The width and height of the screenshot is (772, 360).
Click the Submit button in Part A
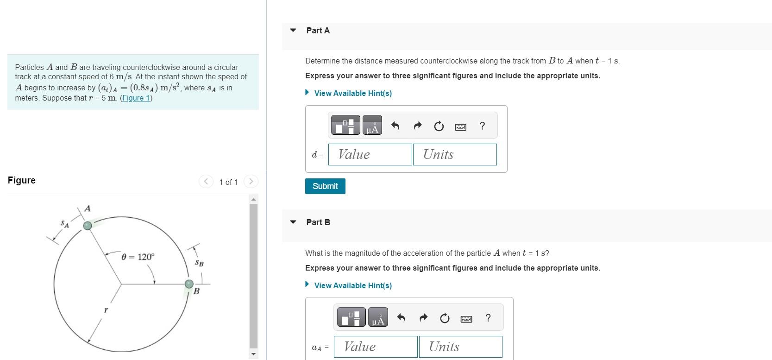click(325, 186)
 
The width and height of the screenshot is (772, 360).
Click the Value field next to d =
click(370, 154)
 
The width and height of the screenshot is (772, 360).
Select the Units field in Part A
click(454, 154)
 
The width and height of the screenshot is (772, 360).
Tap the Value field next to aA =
click(376, 347)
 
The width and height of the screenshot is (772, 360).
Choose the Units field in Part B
click(460, 347)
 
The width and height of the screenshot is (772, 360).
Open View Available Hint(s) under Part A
click(352, 93)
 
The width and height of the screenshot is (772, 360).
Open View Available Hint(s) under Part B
click(352, 285)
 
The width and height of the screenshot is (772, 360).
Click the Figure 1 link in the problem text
click(136, 98)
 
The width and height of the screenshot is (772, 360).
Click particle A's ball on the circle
click(88, 226)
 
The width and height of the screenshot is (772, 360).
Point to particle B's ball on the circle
click(189, 284)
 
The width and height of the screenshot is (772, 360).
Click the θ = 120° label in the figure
click(138, 257)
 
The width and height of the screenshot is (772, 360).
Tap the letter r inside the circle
click(106, 309)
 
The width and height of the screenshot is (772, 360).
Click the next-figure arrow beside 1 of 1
click(251, 182)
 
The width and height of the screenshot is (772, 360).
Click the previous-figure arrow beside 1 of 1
click(206, 182)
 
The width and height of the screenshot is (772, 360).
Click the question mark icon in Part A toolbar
click(482, 126)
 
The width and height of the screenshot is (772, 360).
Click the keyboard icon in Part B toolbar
click(466, 318)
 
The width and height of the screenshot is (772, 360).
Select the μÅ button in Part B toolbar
click(378, 318)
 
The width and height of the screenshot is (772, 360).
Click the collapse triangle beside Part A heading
click(293, 30)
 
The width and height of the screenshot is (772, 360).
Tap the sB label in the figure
click(199, 263)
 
